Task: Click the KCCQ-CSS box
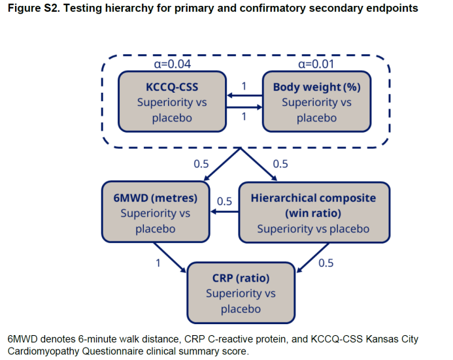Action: point(172,102)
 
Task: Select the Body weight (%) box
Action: point(316,102)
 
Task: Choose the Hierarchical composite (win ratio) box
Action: point(312,213)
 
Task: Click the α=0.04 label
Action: point(172,65)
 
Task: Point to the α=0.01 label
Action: point(317,65)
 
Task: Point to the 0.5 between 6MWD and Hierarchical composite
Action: point(224,201)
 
